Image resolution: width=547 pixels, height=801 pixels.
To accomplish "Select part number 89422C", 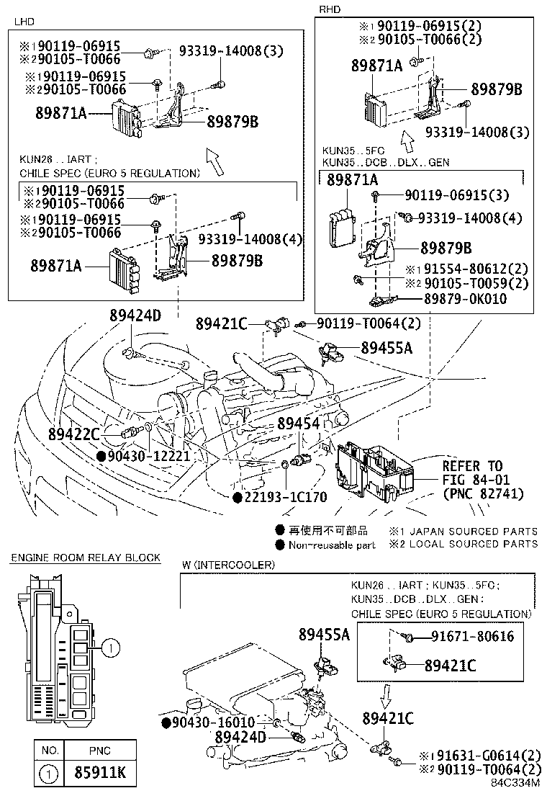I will coord(74,434).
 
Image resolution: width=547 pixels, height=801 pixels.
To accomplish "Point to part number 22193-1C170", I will coord(286,497).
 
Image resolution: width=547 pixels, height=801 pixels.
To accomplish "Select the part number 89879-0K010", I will coord(475,299).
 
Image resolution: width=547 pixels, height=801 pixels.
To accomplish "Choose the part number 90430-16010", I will coord(214,722).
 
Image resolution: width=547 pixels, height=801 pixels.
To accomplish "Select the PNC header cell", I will coord(99,750).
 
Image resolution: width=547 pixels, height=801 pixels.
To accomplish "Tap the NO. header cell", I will coord(50,750).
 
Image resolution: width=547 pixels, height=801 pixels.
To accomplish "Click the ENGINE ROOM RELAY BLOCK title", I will coord(85,558).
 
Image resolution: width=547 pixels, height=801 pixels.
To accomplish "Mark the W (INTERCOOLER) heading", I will coord(227,565).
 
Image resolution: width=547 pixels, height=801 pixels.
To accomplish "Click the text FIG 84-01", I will coord(472,480).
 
